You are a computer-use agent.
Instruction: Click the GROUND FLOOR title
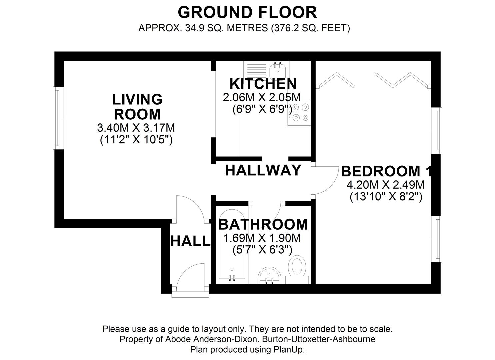[247, 13]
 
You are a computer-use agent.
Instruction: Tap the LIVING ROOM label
[137, 107]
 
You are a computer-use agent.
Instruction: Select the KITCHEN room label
[263, 84]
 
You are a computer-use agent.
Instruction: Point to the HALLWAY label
[263, 170]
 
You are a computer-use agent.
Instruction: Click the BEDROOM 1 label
[386, 171]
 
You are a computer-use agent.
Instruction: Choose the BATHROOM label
[263, 224]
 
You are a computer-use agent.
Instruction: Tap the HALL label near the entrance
[190, 241]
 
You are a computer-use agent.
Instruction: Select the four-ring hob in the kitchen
[300, 113]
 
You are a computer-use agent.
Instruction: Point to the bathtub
[232, 245]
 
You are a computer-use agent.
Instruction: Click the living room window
[58, 118]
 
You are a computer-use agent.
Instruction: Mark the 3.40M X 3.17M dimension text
[136, 128]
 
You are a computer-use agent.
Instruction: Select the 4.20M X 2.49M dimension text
[386, 185]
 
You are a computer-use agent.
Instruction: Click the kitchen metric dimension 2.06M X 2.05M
[262, 97]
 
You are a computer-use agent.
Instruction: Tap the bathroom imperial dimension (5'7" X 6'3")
[262, 250]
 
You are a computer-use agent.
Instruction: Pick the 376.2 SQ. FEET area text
[310, 28]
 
